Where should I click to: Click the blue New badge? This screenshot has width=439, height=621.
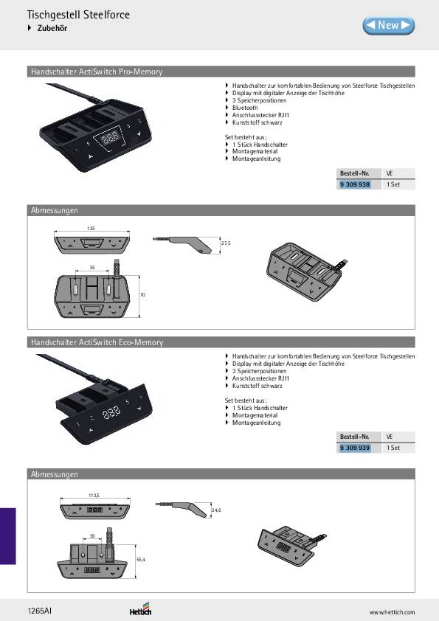[x=388, y=25]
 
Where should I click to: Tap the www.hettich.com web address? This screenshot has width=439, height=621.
[x=392, y=612]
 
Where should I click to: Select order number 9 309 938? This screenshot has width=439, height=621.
[x=355, y=184]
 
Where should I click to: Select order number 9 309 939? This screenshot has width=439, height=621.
[x=355, y=448]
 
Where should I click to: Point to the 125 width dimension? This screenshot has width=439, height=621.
[x=91, y=229]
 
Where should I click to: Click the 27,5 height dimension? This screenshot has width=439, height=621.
[x=226, y=243]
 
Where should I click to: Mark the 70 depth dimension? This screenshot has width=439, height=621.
[x=142, y=294]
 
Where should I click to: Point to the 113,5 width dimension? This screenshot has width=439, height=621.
[x=94, y=495]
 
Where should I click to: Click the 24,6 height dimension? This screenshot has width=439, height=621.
[x=216, y=510]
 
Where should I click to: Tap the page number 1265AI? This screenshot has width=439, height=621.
[x=40, y=611]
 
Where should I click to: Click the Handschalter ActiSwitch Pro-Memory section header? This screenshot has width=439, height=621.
[x=96, y=72]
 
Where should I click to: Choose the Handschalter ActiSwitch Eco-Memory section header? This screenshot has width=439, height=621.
[x=97, y=342]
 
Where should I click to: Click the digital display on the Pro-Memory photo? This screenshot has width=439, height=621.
[x=111, y=137]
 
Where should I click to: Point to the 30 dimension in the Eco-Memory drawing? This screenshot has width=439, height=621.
[x=93, y=535]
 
